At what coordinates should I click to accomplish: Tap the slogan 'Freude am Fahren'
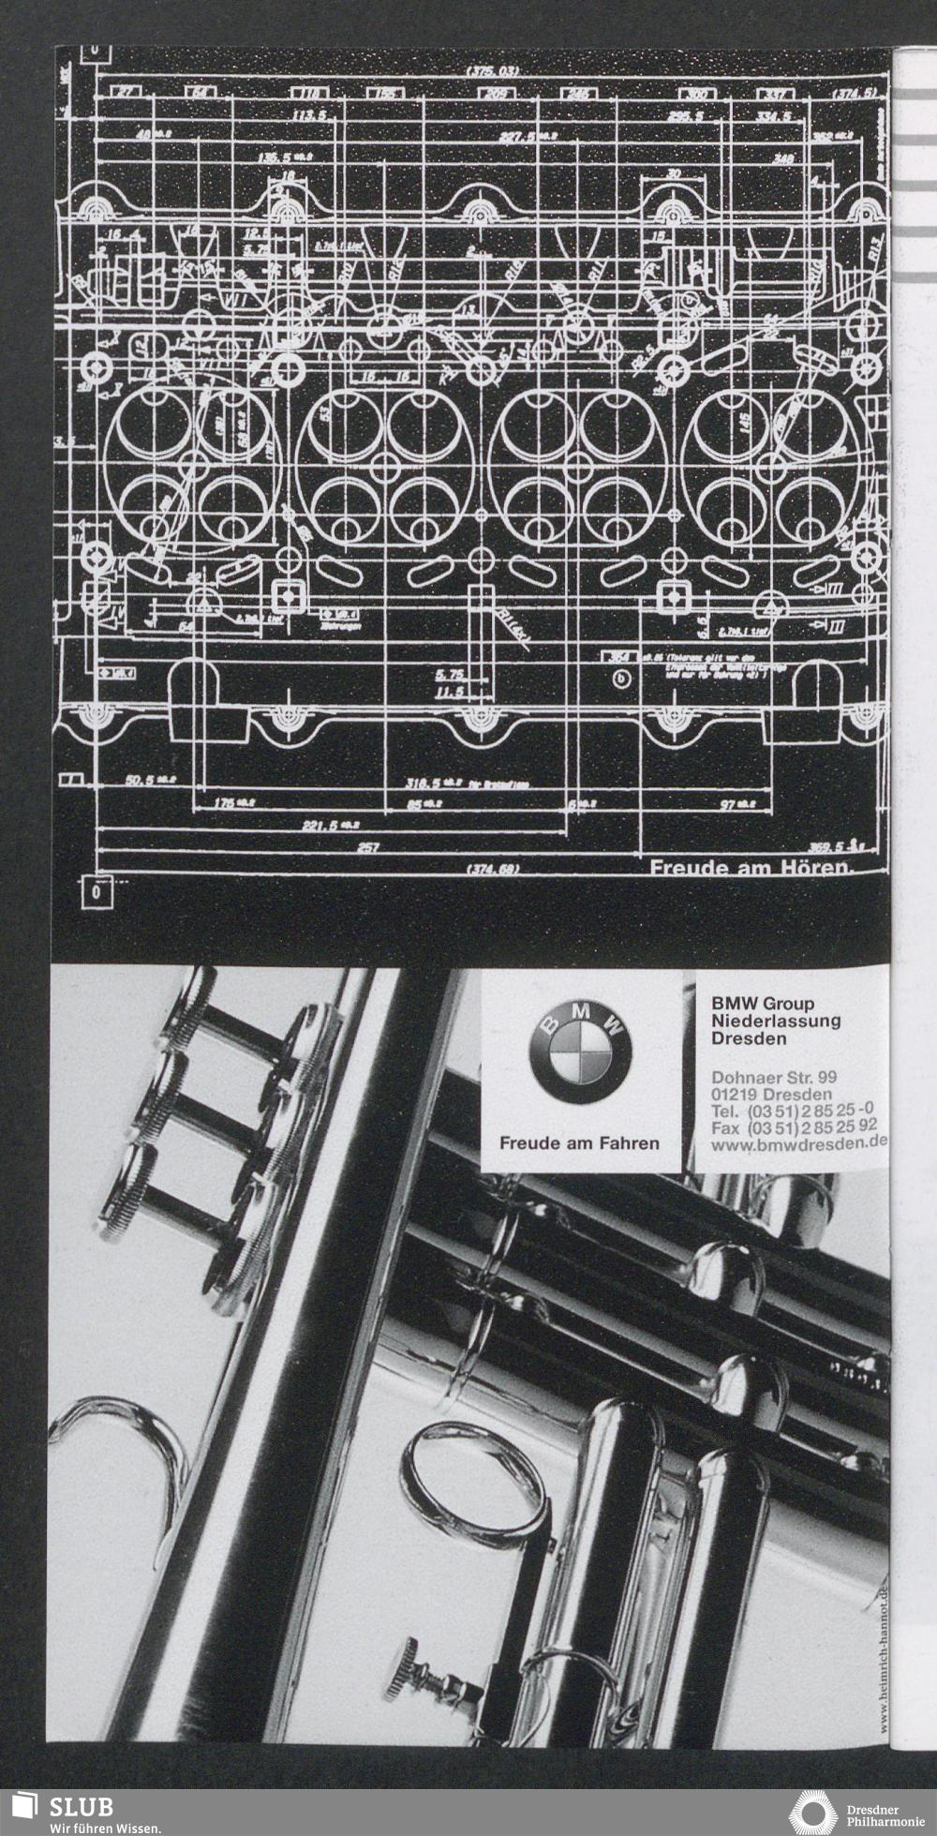pyautogui.click(x=579, y=1143)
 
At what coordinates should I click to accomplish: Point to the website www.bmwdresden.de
pyautogui.click(x=799, y=1143)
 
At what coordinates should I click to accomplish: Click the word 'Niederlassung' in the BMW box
pyautogui.click(x=776, y=1021)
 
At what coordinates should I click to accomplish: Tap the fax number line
pyautogui.click(x=794, y=1127)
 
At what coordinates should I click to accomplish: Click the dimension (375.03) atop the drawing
pyautogui.click(x=492, y=72)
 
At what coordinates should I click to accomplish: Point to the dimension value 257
pyautogui.click(x=367, y=846)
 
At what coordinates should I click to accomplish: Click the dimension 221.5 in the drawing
pyautogui.click(x=324, y=826)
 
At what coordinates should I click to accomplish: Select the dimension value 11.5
pyautogui.click(x=450, y=694)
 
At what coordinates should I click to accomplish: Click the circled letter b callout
pyautogui.click(x=621, y=679)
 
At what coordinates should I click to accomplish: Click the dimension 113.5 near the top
pyautogui.click(x=308, y=115)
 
